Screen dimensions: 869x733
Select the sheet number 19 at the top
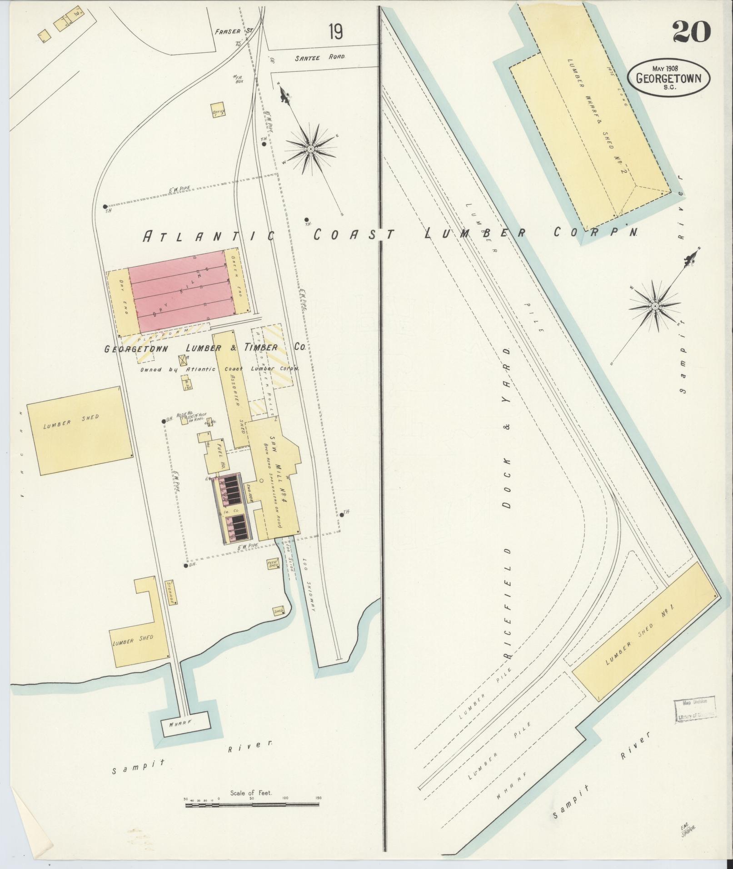pos(336,32)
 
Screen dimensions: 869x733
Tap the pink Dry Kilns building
pos(177,293)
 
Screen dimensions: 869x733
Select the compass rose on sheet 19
pos(311,149)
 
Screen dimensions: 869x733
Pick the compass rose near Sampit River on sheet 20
pos(654,306)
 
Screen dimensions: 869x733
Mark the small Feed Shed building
pos(273,564)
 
